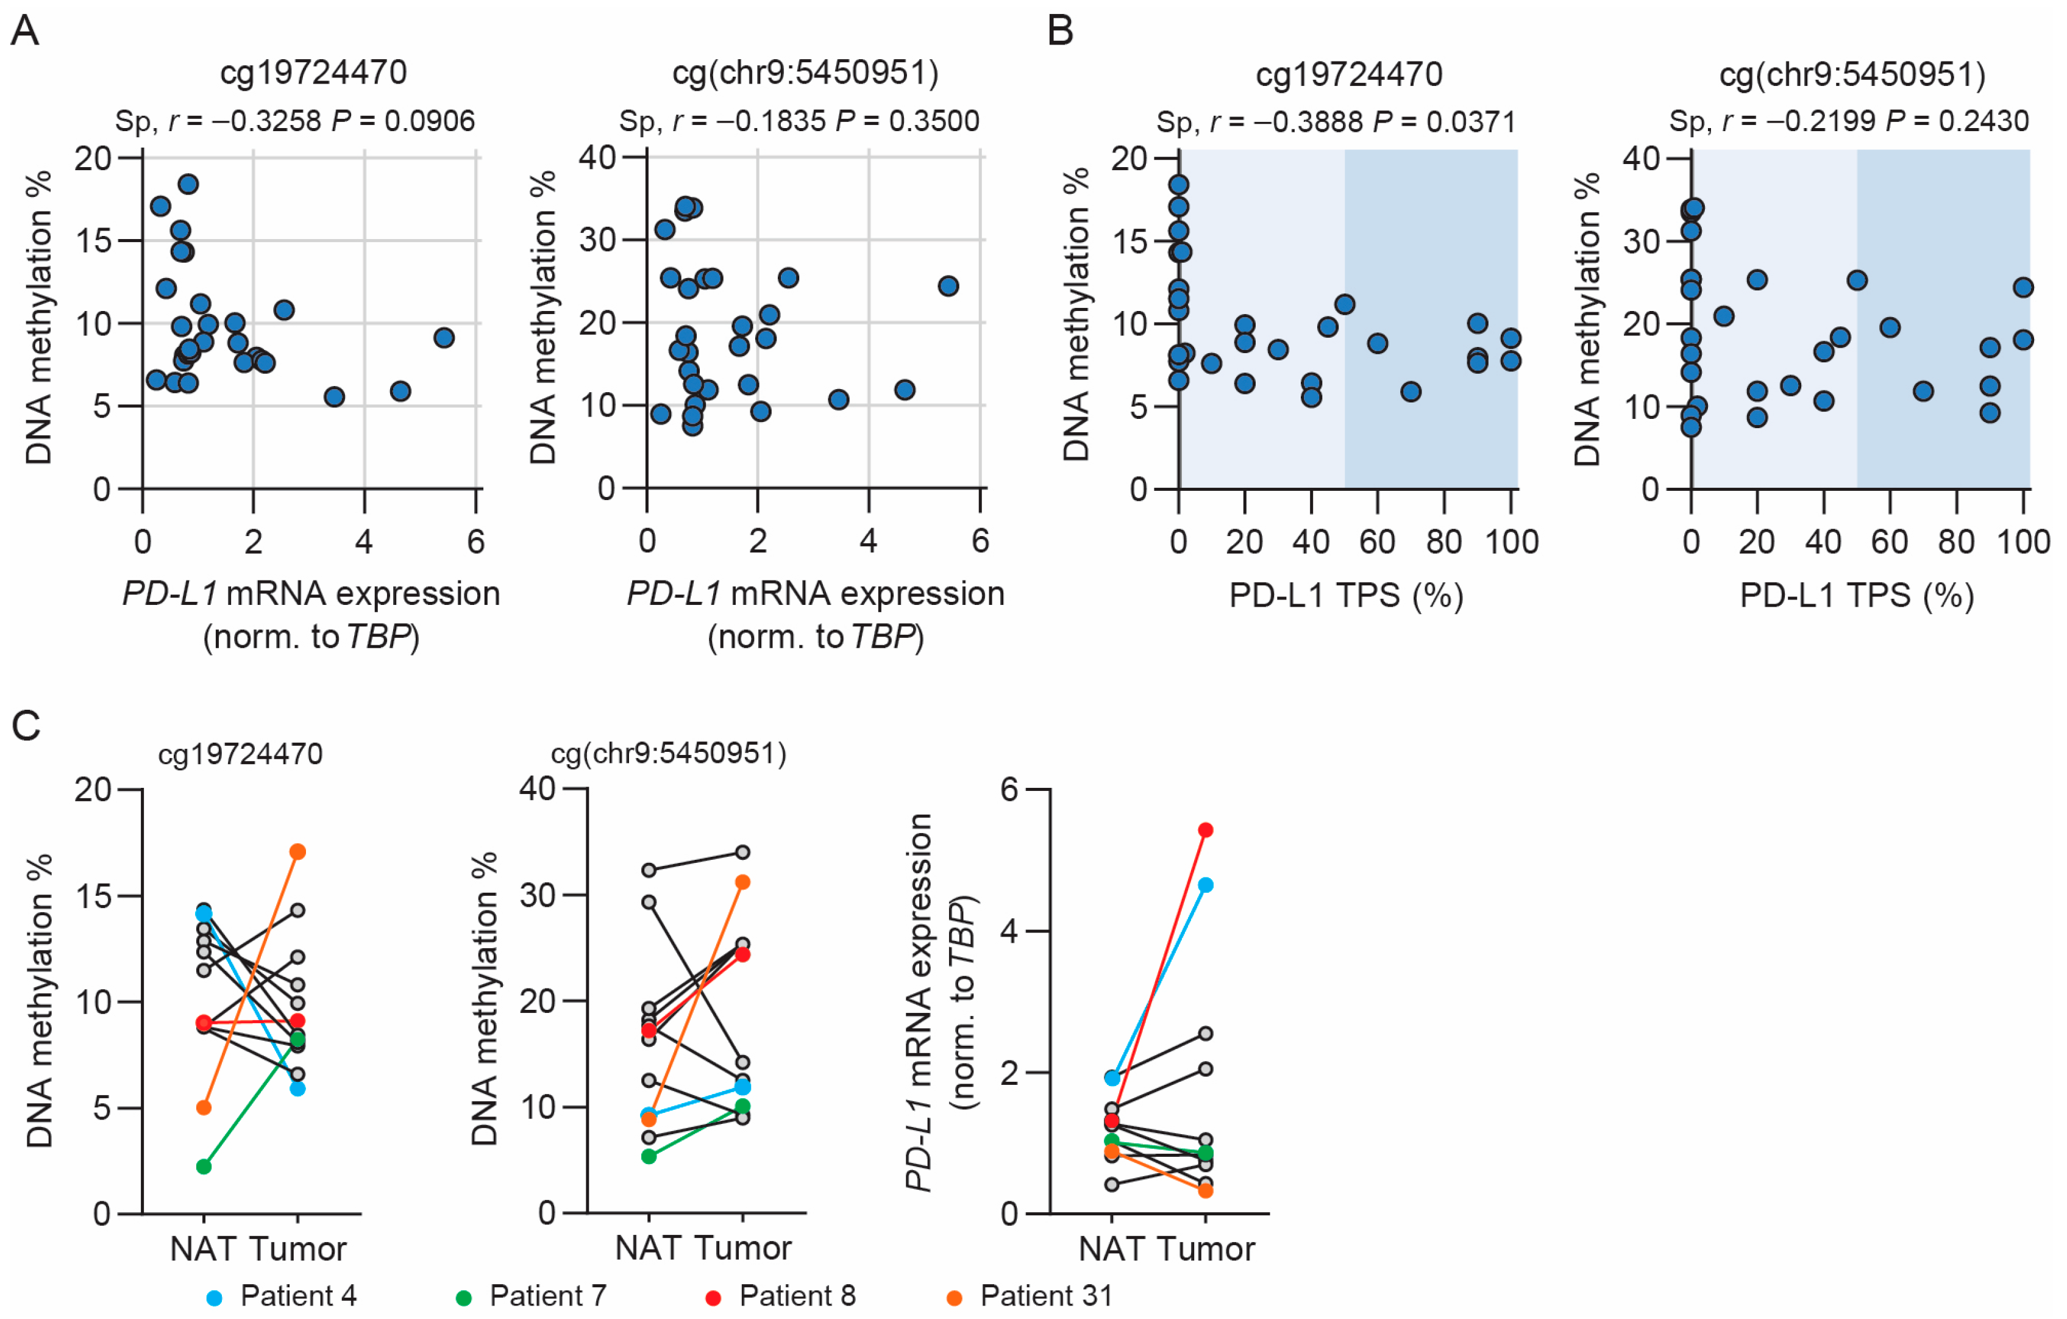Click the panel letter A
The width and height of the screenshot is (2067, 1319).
(x=25, y=31)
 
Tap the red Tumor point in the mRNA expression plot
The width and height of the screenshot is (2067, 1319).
(x=1205, y=829)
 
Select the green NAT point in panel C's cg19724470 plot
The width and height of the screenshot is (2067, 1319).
(x=204, y=1166)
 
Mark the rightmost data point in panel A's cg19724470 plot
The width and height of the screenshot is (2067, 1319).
(x=444, y=337)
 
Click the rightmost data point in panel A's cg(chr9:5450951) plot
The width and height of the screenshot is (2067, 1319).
(x=948, y=286)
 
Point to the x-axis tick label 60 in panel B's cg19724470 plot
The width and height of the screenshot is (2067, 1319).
(x=1377, y=542)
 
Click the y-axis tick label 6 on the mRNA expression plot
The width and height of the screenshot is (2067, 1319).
(x=1009, y=789)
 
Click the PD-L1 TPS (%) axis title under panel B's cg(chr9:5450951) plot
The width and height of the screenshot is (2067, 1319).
(x=1857, y=595)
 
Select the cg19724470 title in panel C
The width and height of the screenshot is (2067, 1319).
(x=240, y=754)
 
